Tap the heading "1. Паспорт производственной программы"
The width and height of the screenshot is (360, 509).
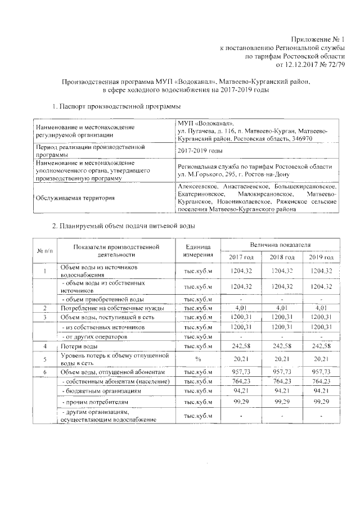click(x=116, y=106)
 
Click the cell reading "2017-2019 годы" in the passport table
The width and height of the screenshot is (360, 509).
click(x=200, y=151)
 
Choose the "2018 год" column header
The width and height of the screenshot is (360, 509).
click(x=282, y=257)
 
